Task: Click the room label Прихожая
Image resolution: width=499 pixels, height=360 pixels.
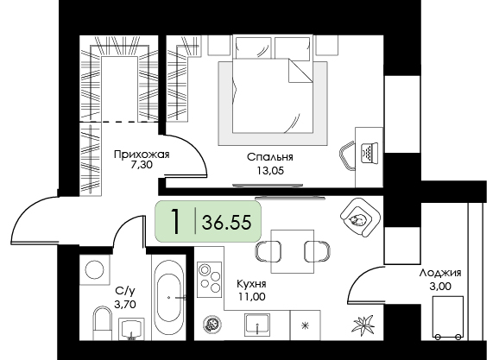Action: point(142,155)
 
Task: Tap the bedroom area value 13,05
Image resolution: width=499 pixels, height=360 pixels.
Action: point(270,171)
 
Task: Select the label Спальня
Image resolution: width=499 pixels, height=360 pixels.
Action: point(270,157)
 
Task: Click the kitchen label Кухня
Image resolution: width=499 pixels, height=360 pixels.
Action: point(251,283)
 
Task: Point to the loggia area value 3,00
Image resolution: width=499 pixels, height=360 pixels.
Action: point(440,287)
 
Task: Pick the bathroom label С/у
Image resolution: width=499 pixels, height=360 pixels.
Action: point(125,290)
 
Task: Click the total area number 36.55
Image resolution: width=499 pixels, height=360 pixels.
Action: point(226,222)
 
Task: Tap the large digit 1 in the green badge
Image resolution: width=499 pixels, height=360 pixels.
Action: point(174,221)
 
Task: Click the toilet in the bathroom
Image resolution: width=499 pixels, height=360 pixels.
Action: point(102,323)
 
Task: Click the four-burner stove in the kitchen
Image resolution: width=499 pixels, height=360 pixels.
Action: point(209,280)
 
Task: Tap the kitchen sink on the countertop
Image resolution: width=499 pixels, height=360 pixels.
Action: point(256,324)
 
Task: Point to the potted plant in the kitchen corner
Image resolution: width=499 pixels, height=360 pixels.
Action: point(363,325)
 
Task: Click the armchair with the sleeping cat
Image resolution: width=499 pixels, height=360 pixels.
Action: point(360,218)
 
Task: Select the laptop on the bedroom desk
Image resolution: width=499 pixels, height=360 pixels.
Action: point(370,153)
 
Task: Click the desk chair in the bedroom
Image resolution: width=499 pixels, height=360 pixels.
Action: point(348,156)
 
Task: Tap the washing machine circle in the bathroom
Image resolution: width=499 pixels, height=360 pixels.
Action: point(94,269)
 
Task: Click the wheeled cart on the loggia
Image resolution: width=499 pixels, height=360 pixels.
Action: point(447,318)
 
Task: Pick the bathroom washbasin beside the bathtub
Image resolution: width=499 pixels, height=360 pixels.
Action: point(131,329)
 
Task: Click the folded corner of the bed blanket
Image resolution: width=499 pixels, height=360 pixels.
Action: point(300,70)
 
